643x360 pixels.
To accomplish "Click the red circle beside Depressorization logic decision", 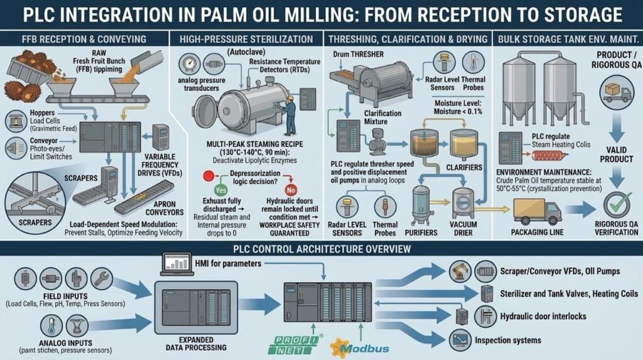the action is point(208,177).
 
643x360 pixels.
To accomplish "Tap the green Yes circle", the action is point(220,190).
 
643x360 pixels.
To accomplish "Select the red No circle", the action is point(291,190).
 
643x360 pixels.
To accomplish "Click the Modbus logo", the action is point(359,349).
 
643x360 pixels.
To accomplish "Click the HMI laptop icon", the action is point(176,264).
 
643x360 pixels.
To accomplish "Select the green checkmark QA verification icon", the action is point(618,204).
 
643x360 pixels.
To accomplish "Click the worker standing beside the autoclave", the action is point(289,116).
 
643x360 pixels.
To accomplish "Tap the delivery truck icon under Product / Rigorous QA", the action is point(617,93).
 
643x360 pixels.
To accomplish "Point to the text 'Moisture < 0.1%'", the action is point(458,112).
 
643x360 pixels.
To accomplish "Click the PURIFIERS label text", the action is point(421,232).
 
